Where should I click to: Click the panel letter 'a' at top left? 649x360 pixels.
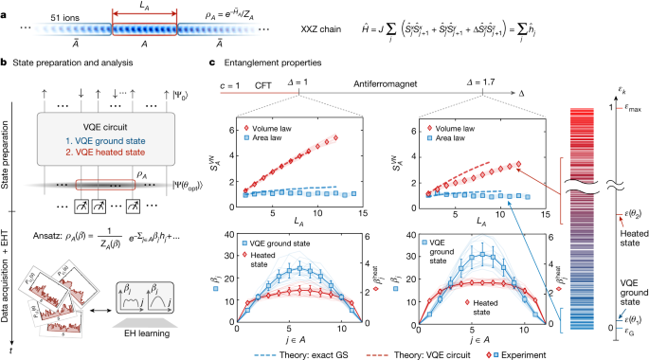pyautogui.click(x=5, y=6)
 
